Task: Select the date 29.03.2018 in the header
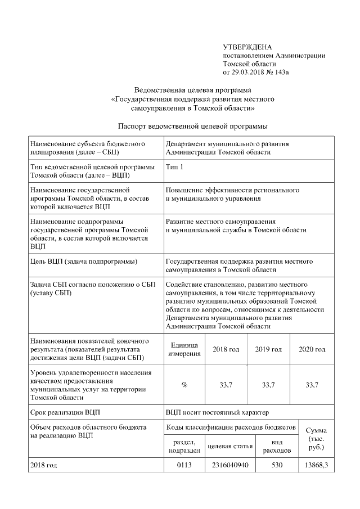255,73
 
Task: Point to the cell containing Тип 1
174,168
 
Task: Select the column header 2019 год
268,349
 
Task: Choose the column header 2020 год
312,349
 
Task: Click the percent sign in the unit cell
184,385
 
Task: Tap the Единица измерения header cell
184,349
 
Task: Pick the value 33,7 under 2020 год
312,385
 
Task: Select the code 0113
184,466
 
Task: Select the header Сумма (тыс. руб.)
316,439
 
